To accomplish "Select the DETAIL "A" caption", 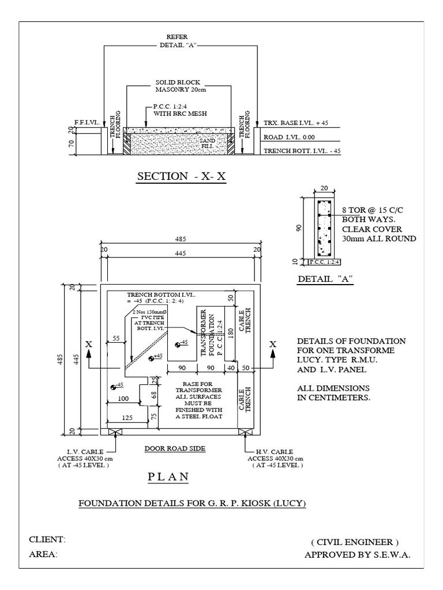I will point(325,279).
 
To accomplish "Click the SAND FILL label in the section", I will point(206,143).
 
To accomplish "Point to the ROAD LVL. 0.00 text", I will point(290,138).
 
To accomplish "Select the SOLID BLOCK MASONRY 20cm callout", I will point(178,86).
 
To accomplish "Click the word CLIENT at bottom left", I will point(47,539).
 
